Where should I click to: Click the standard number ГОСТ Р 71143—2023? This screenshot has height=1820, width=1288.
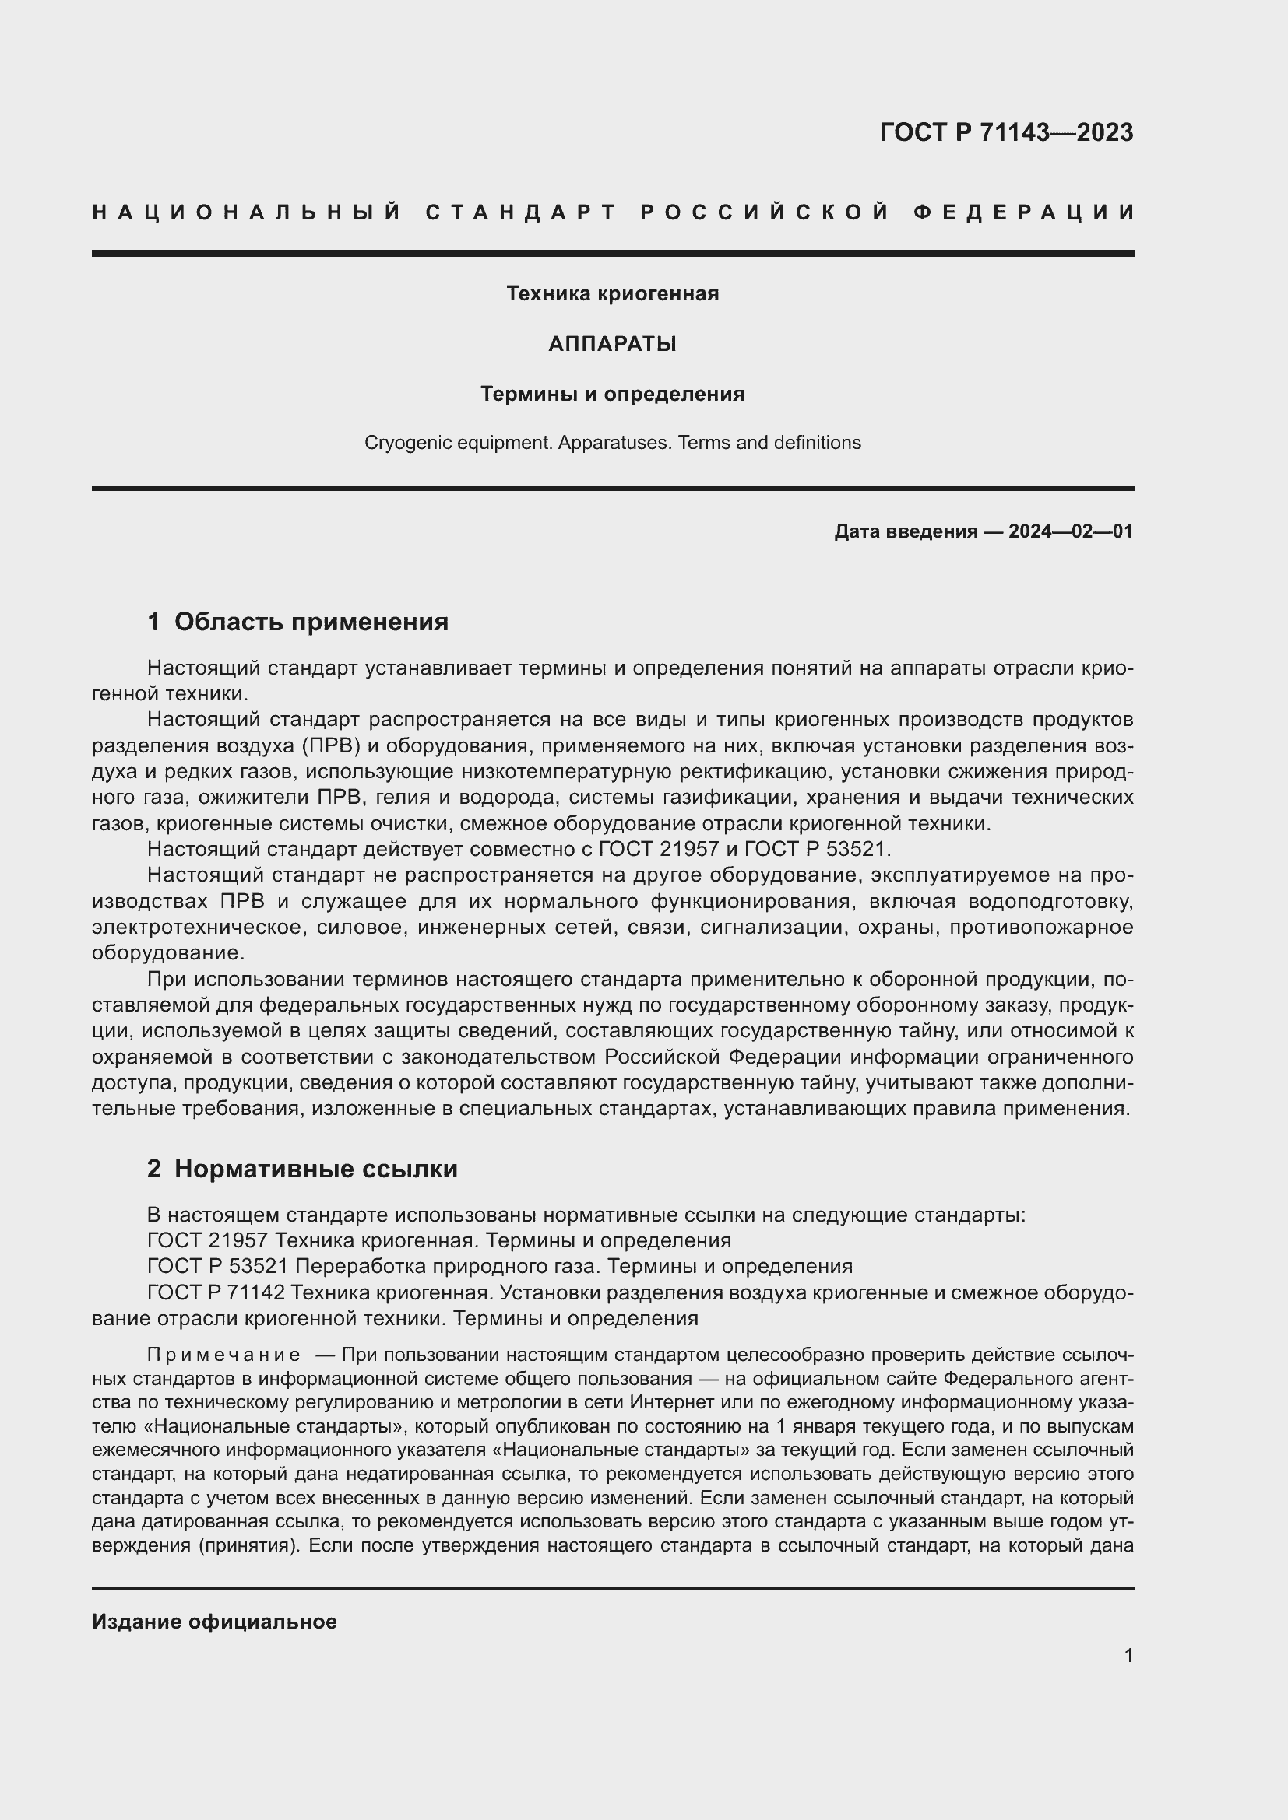click(x=1005, y=132)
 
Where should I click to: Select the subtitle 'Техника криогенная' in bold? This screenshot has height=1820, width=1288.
click(x=612, y=294)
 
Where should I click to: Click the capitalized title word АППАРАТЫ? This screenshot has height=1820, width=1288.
click(x=612, y=344)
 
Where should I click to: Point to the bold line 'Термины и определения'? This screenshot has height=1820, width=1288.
click(x=612, y=394)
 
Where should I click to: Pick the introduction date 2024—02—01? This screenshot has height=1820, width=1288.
click(x=1071, y=531)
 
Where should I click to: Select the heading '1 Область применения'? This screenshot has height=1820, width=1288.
click(x=297, y=622)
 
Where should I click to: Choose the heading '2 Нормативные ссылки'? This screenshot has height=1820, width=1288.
click(x=302, y=1169)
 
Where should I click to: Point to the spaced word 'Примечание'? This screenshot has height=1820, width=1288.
click(x=223, y=1354)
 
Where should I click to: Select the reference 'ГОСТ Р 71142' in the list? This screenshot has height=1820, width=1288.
click(x=216, y=1293)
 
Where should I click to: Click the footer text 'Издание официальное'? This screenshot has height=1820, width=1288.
click(x=214, y=1622)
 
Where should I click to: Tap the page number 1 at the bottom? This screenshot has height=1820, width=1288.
click(x=1128, y=1655)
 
